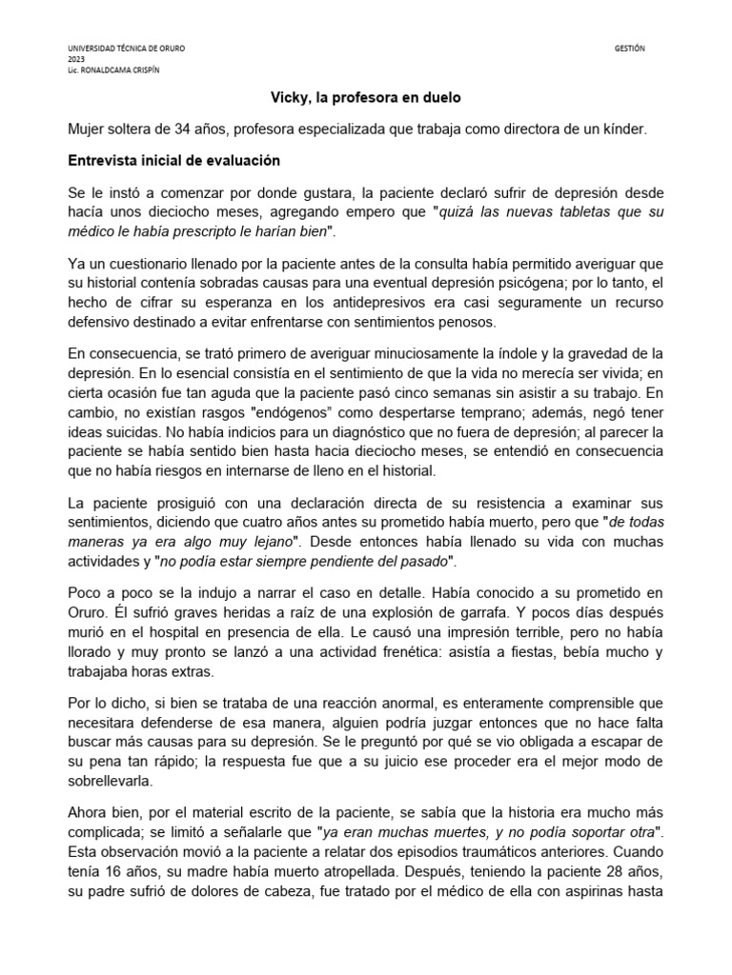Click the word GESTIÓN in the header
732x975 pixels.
click(x=631, y=48)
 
